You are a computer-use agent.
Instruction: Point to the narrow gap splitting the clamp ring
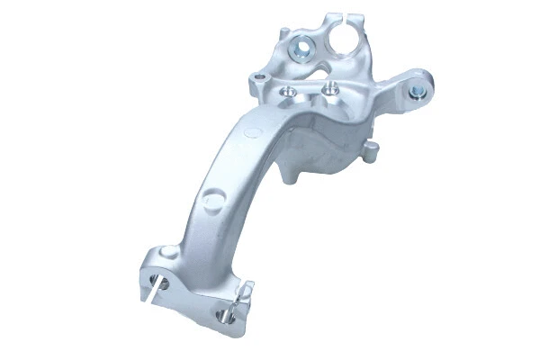346,17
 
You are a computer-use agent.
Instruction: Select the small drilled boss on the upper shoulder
261,82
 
